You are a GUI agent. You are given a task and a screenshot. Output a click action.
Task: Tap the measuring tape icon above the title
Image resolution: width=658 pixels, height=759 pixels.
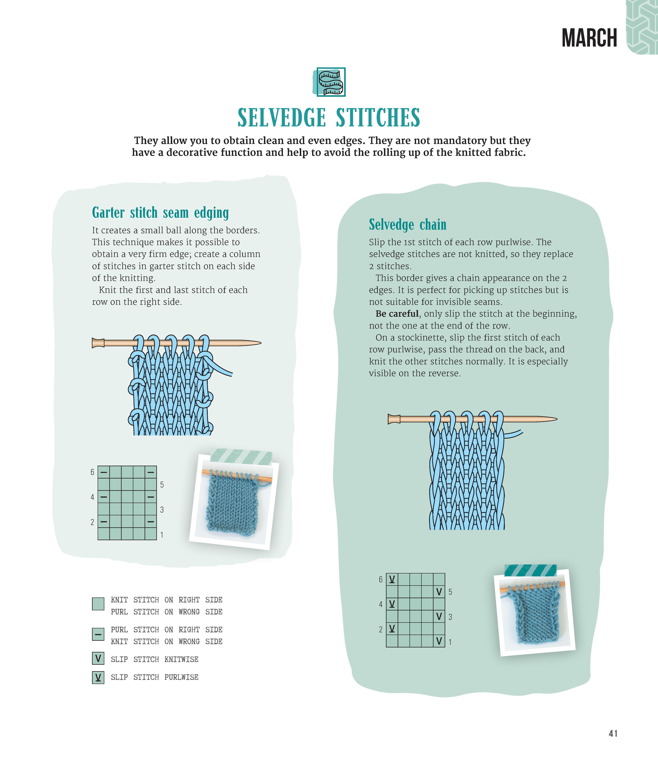[x=331, y=82]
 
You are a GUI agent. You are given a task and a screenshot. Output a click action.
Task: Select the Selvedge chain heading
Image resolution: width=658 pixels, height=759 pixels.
[x=408, y=225]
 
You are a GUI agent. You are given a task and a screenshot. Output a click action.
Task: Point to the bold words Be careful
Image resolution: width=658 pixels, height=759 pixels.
[x=397, y=314]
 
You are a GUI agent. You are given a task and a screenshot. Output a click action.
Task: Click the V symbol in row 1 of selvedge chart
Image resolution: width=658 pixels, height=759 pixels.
[x=439, y=641]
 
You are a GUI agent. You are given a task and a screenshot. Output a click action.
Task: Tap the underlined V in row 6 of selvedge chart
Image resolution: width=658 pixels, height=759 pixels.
[x=392, y=579]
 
